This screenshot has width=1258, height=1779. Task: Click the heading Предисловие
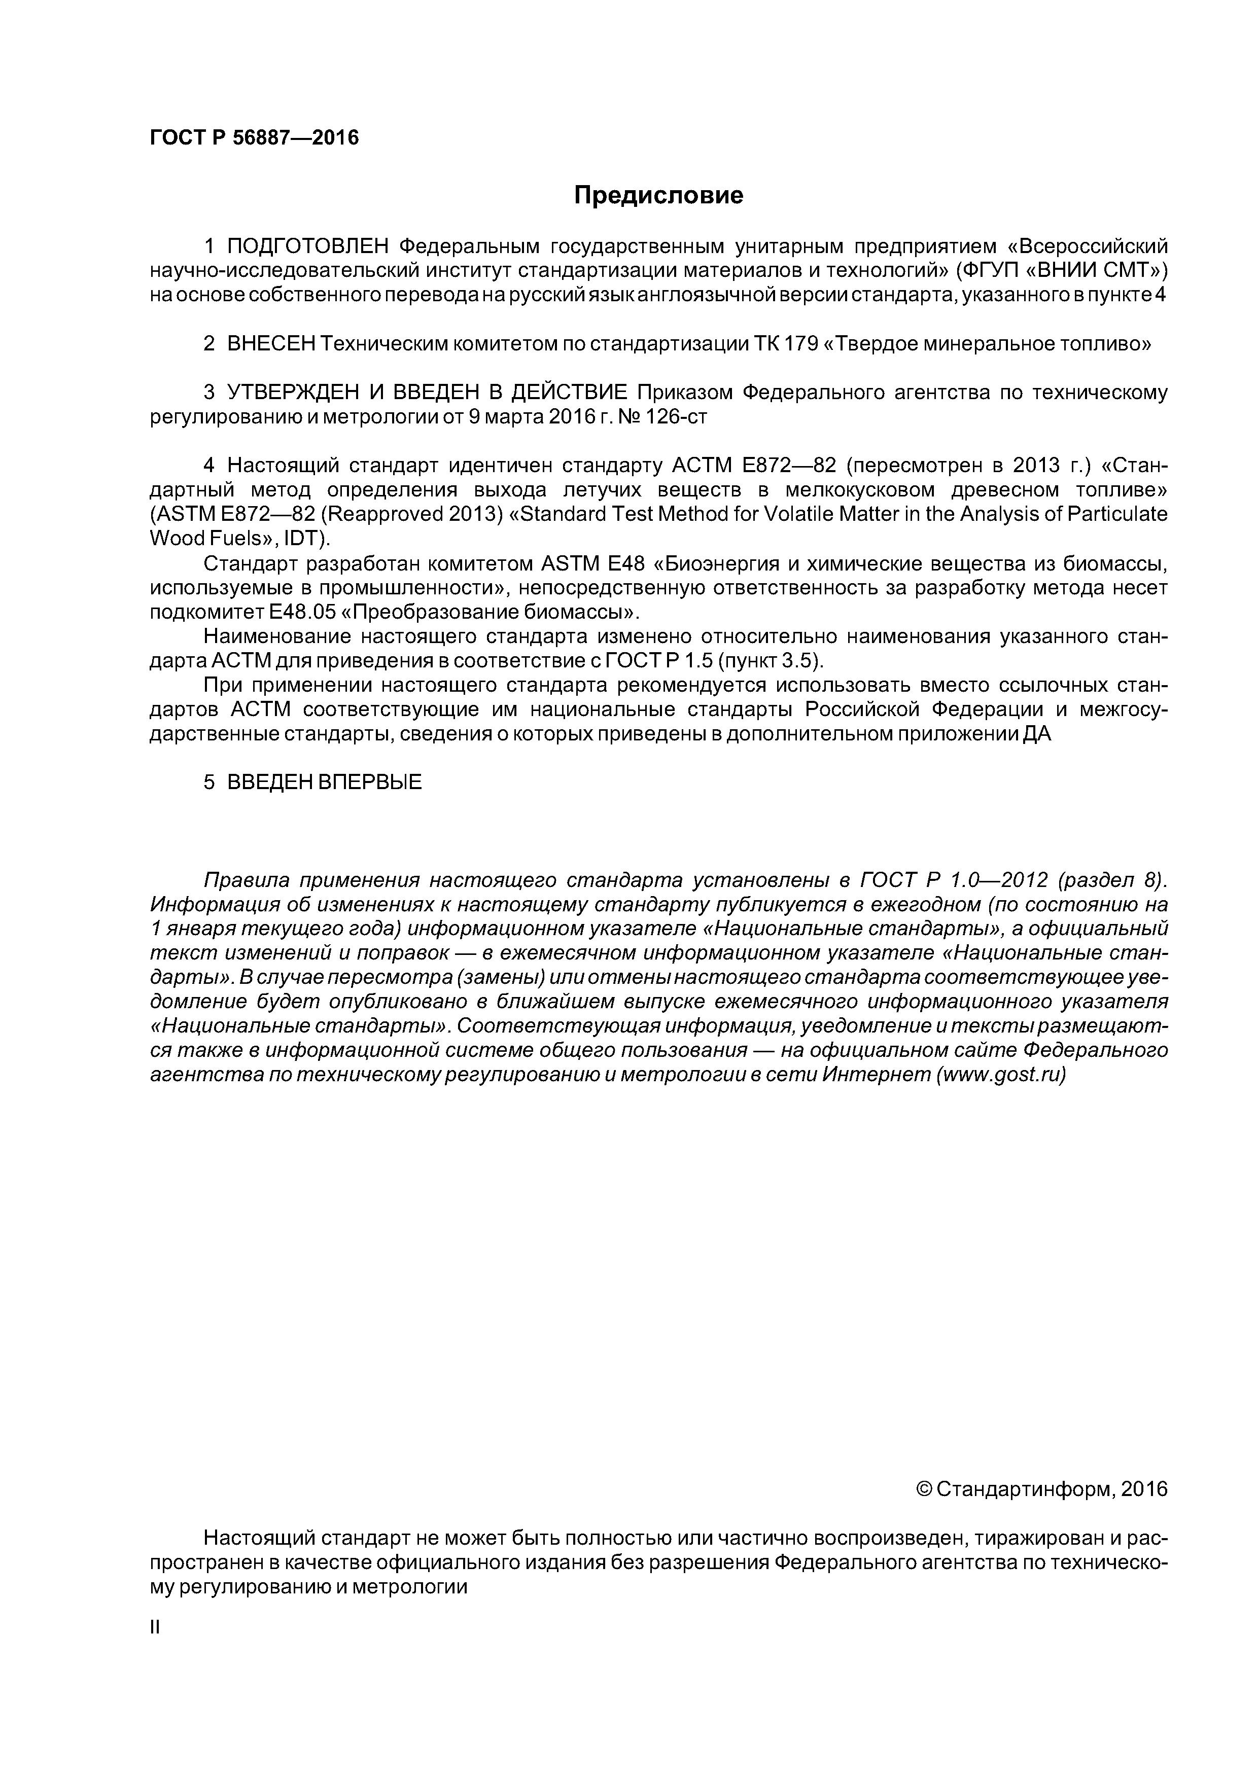pos(658,195)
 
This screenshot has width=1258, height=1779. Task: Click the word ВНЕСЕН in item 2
pos(271,344)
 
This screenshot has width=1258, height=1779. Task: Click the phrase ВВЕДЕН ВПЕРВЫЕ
pos(325,782)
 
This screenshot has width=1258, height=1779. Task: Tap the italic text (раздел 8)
pos(1112,880)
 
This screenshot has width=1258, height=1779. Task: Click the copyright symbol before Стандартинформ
pos(923,1489)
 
